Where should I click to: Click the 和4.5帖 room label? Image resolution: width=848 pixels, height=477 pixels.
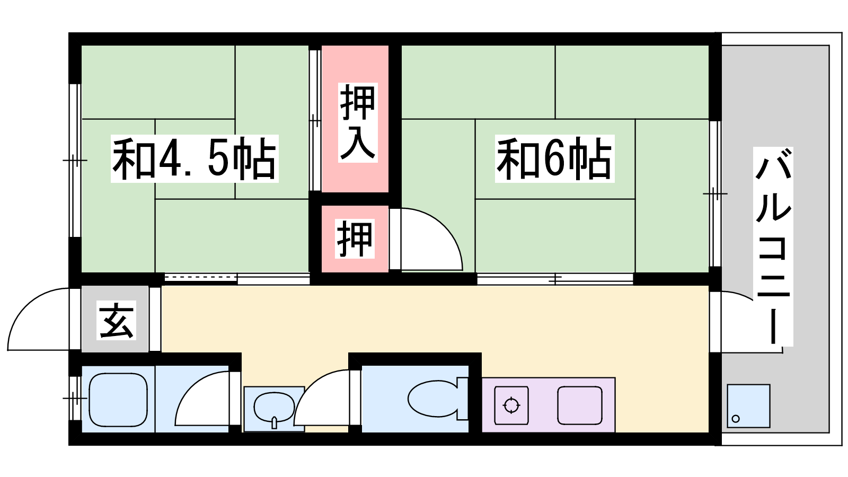point(194,159)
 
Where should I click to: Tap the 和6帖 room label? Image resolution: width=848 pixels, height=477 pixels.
point(554,159)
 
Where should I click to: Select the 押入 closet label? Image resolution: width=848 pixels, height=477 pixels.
point(358,122)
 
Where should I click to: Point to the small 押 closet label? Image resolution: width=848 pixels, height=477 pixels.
point(355,239)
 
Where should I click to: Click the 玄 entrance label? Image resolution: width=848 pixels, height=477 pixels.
point(116,320)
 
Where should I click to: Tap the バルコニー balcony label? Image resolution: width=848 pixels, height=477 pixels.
point(773,246)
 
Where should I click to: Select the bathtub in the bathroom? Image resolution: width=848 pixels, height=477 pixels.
point(118,399)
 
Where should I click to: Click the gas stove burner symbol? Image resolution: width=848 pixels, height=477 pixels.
point(511,405)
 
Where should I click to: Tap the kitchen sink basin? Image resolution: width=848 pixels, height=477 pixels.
point(580,405)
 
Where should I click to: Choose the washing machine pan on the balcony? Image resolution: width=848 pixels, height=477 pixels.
point(748,406)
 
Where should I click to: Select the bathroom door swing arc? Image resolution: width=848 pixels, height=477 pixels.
point(193,386)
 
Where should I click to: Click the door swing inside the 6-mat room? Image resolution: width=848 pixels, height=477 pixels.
point(444,227)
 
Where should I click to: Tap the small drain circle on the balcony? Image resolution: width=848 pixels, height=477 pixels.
point(736,419)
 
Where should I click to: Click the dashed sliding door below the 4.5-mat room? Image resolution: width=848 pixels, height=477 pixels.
point(201,278)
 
